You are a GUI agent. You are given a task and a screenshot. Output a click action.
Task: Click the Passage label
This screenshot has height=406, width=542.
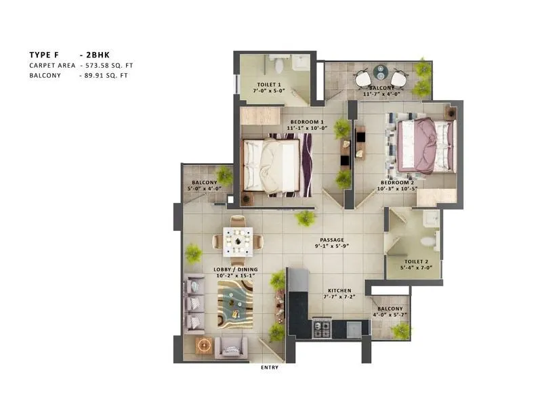tap(333, 240)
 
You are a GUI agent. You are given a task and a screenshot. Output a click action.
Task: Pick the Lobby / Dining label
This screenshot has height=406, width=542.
tap(215, 270)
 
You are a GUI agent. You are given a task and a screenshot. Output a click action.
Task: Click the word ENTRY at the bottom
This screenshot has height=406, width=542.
tap(270, 367)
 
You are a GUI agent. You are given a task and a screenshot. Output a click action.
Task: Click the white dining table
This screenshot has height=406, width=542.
tap(238, 239)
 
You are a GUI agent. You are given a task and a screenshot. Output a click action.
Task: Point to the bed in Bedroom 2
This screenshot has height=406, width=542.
tap(423, 145)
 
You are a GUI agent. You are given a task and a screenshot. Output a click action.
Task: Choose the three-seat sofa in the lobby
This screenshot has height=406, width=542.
tap(194, 303)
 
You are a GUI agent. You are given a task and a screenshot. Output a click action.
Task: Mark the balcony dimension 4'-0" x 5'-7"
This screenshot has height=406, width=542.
tap(390, 315)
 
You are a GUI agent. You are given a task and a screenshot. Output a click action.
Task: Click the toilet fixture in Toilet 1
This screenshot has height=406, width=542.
tap(279, 66)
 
